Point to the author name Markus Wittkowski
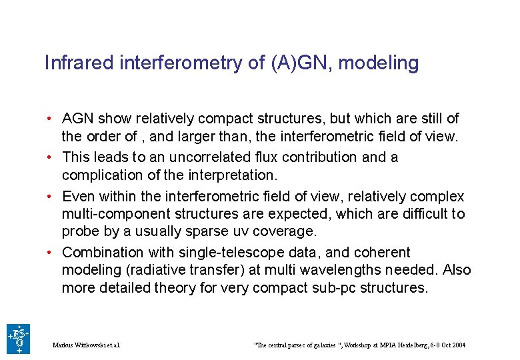80,345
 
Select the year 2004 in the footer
458,345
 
